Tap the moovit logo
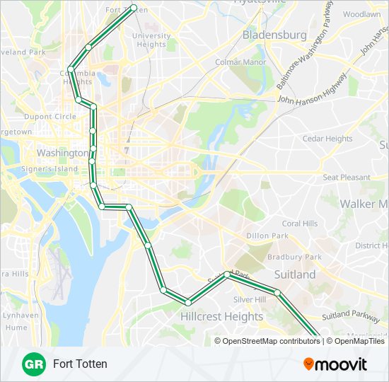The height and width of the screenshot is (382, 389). click(335, 364)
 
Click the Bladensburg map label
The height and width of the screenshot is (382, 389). click(274, 34)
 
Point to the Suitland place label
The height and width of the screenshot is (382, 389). click(295, 274)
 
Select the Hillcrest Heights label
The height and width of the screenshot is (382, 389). click(221, 316)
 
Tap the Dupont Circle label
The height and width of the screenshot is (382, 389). click(51, 116)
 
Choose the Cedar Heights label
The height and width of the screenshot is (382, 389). click(327, 139)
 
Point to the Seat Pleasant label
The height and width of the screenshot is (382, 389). click(346, 178)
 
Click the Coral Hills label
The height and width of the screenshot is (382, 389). click(300, 224)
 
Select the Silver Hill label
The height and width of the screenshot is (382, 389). click(250, 299)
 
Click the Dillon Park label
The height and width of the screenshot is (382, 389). click(267, 236)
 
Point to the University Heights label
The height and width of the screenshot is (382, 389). click(151, 40)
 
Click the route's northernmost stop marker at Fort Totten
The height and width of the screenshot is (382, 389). click(134, 8)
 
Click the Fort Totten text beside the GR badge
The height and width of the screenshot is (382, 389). click(80, 364)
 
